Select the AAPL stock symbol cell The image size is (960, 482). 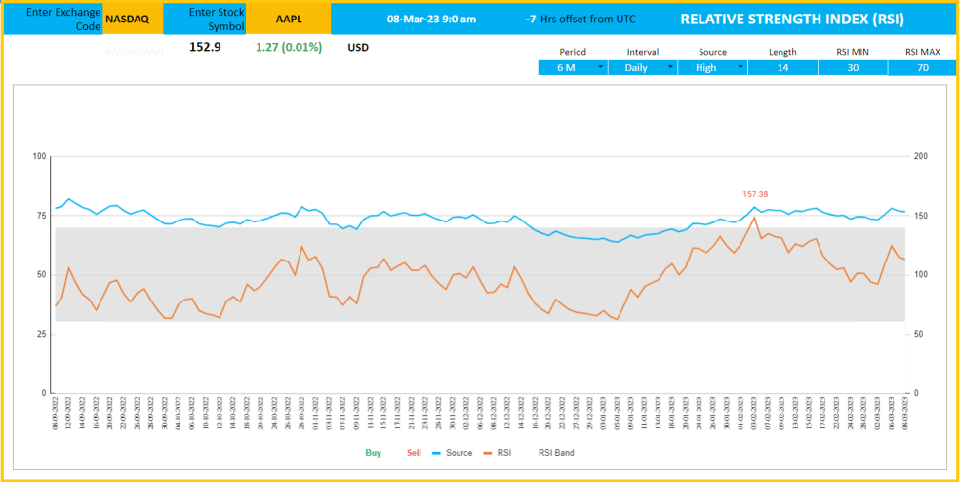point(289,19)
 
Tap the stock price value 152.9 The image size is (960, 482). point(205,46)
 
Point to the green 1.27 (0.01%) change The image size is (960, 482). point(288,46)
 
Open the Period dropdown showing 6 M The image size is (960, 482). point(574,67)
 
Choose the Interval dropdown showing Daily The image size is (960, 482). point(643,67)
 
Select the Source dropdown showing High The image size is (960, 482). point(713,67)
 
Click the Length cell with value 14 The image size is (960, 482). point(782,67)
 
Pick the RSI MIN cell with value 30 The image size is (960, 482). point(853,67)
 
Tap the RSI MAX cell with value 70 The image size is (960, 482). point(922,67)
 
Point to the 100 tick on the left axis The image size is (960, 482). point(40,156)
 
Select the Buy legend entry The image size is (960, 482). point(374,453)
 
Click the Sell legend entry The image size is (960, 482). point(414,453)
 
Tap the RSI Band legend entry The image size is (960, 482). point(556,453)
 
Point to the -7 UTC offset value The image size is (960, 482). point(530,19)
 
